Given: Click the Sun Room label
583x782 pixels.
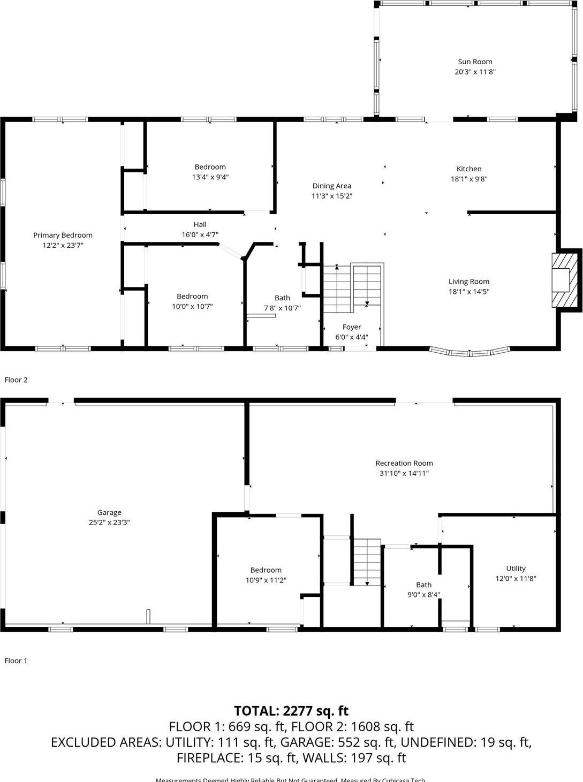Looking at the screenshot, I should pyautogui.click(x=475, y=62).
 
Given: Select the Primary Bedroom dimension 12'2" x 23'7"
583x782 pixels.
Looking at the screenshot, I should pyautogui.click(x=63, y=245).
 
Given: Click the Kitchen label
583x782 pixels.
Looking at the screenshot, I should pyautogui.click(x=469, y=169).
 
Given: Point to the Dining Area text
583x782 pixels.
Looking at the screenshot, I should pyautogui.click(x=332, y=186).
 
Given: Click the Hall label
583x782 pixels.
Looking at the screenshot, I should pyautogui.click(x=200, y=224).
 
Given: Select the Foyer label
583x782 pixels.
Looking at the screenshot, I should pyautogui.click(x=352, y=327).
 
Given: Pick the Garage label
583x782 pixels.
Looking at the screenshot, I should pyautogui.click(x=109, y=512).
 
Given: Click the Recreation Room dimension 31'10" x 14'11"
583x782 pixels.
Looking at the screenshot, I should pyautogui.click(x=404, y=473).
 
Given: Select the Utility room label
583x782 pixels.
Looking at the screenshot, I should pyautogui.click(x=516, y=568).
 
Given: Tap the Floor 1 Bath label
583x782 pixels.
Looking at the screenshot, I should pyautogui.click(x=423, y=585).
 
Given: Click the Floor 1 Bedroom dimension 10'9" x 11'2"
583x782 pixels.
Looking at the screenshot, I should pyautogui.click(x=266, y=580).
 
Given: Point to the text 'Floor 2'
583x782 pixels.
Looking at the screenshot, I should pyautogui.click(x=16, y=380).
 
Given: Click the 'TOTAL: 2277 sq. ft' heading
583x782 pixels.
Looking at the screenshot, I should pyautogui.click(x=291, y=711).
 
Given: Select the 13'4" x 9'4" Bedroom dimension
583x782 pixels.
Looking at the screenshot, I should pyautogui.click(x=210, y=177).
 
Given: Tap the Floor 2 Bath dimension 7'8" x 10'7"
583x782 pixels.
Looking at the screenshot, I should pyautogui.click(x=282, y=308).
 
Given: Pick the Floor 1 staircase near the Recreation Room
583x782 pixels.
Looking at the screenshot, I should pyautogui.click(x=367, y=562).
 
